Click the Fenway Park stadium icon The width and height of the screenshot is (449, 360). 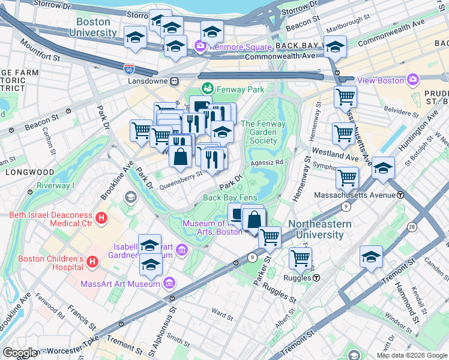pos(207,89)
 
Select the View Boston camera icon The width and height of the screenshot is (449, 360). pos(412,79)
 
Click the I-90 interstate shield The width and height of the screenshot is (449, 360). pos(130,70)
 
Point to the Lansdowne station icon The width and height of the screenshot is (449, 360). pos(174,81)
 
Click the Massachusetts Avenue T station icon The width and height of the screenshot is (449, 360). pos(400,195)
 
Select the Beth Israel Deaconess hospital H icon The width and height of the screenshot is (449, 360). pos(102,219)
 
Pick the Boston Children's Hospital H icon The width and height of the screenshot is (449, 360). pos(92,262)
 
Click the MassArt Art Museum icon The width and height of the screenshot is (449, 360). pos(169,283)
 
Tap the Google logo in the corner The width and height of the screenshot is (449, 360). pos(20,353)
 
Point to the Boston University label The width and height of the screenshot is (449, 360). pos(97,27)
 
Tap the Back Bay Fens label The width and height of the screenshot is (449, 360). pos(230,197)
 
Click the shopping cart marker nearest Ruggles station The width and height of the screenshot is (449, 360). pos(300,258)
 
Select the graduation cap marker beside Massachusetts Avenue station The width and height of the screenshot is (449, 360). pos(383,167)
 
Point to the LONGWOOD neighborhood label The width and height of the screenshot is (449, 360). pos(22,172)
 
